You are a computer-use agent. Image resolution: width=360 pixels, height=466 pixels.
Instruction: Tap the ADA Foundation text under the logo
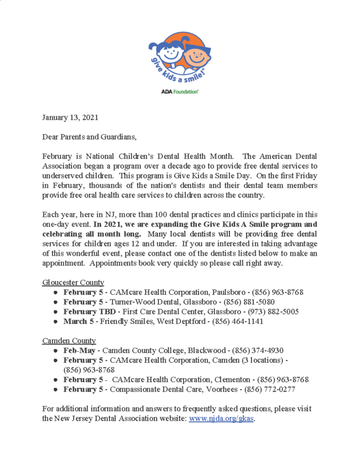[179, 92]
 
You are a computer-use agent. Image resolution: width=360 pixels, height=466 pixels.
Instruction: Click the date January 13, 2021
[70, 118]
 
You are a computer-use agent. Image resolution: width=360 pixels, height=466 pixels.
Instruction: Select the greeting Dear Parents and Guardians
[89, 137]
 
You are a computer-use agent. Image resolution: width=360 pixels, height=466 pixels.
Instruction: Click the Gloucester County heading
[73, 283]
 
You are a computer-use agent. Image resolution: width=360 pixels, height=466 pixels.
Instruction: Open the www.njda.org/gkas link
[222, 419]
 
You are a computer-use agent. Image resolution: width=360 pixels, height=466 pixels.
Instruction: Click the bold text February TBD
[91, 312]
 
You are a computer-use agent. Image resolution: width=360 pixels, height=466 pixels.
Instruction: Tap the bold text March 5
[79, 321]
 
